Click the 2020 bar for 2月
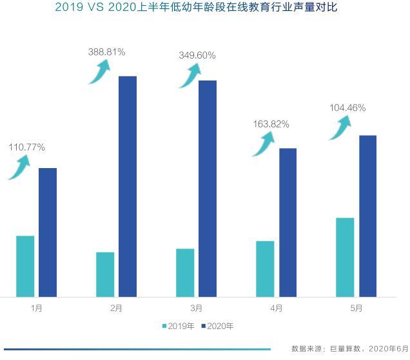point(128,186)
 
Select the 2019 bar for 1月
point(25,266)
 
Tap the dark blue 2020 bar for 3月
point(208,188)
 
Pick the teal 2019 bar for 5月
point(345,257)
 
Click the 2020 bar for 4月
point(288,222)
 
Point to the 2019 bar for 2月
point(105,274)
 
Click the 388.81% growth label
point(106,52)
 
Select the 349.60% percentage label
point(197,56)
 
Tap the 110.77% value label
point(26,147)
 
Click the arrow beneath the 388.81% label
point(99,72)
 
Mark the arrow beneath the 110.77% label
point(19,168)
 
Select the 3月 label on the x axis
point(197,308)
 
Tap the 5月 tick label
point(356,308)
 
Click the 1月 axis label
point(37,308)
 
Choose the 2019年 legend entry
point(178,326)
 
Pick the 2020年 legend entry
point(217,326)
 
